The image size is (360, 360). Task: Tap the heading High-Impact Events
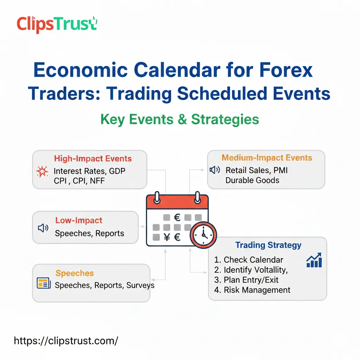93,159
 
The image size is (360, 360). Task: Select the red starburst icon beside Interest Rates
42,172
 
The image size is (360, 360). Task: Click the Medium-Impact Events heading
267,158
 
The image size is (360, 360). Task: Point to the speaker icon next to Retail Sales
214,171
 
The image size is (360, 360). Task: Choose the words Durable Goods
252,180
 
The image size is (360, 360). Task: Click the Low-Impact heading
79,220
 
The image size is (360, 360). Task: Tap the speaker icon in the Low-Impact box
43,228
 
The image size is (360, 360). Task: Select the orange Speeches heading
75,273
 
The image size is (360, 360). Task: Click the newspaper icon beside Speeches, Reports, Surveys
44,283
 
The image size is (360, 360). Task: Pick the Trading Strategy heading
268,245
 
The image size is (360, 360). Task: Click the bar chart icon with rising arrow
314,260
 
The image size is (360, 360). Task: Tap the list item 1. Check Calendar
249,260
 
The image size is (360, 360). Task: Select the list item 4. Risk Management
252,290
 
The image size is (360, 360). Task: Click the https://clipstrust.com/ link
66,340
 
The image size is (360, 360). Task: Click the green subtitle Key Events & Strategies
180,120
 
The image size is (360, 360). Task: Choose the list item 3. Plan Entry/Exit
246,280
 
